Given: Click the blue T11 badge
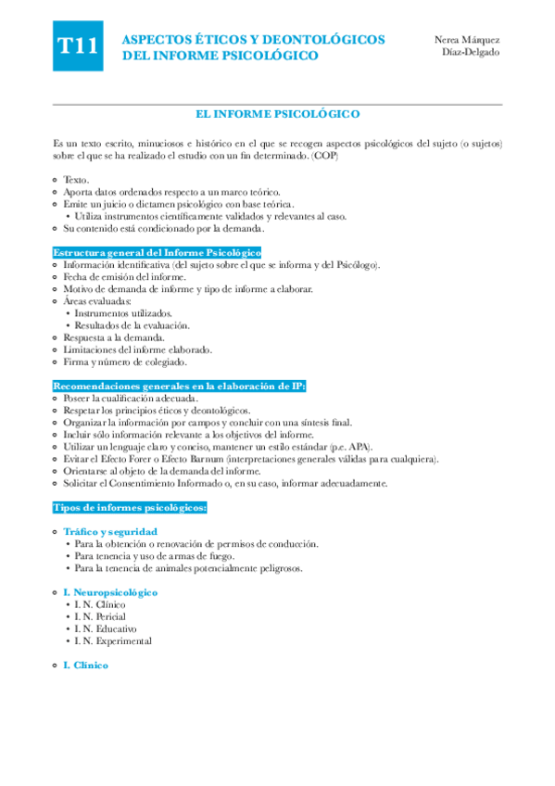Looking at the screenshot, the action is (x=78, y=48).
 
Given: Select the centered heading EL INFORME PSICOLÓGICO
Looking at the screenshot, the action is (x=278, y=114).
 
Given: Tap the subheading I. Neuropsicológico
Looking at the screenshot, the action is (x=110, y=592).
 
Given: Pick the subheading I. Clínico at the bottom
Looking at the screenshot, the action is (x=85, y=666).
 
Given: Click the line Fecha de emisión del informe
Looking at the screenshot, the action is (x=124, y=277).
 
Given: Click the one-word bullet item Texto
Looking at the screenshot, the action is (x=76, y=180).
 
